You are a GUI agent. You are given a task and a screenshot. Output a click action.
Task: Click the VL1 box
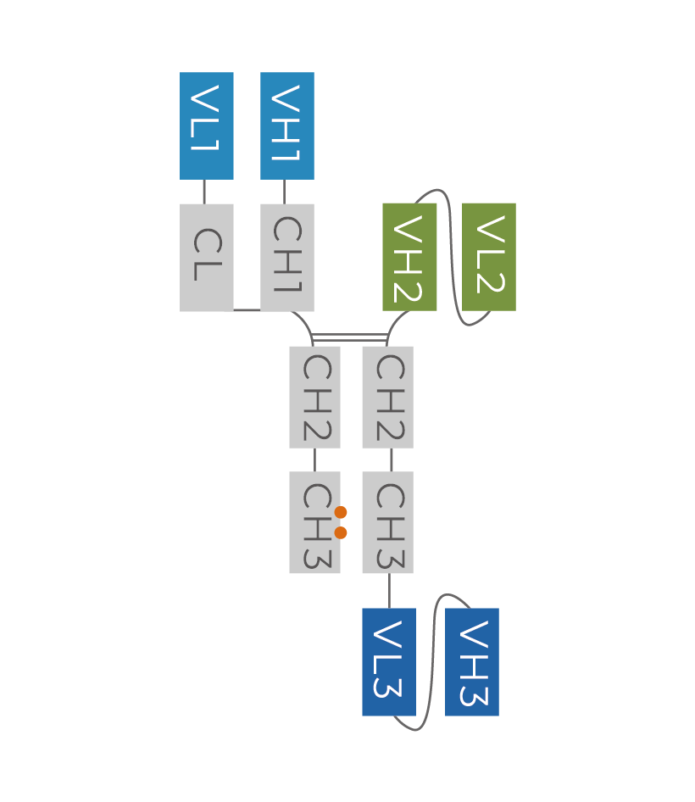click(x=206, y=125)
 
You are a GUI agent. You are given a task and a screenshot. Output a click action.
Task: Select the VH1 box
click(x=286, y=125)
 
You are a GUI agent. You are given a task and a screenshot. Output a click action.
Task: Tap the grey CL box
click(x=206, y=257)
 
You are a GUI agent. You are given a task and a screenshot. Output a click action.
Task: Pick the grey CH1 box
click(x=286, y=257)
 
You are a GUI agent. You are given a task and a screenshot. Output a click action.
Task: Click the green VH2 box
click(x=409, y=257)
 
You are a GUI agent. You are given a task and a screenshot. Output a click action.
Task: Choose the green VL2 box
click(x=488, y=257)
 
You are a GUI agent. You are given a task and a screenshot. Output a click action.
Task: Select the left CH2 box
click(x=314, y=397)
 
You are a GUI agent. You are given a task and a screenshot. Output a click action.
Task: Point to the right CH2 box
click(x=387, y=397)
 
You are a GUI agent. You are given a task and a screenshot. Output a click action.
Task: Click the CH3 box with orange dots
click(x=314, y=522)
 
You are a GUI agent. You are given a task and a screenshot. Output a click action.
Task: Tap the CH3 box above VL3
click(x=387, y=522)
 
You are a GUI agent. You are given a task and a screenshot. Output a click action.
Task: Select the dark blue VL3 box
click(x=388, y=661)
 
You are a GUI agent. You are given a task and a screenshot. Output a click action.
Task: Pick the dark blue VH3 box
click(x=471, y=661)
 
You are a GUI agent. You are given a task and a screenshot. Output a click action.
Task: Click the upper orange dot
click(x=341, y=512)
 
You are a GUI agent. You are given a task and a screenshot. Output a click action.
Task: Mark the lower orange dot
click(x=341, y=532)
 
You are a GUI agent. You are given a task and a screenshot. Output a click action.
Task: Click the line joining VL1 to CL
click(x=204, y=192)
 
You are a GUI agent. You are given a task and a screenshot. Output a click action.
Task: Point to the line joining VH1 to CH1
click(x=284, y=192)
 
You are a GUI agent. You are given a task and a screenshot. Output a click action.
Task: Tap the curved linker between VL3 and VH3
click(x=431, y=661)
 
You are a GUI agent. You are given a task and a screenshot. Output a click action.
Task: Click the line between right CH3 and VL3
click(x=390, y=591)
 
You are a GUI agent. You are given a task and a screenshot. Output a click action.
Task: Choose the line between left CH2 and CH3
click(x=314, y=459)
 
